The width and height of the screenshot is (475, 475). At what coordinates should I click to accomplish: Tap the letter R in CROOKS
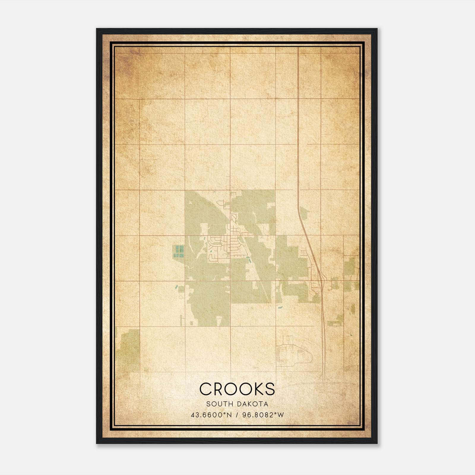pyautogui.click(x=220, y=389)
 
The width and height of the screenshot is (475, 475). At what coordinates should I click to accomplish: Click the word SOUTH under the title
pyautogui.click(x=219, y=404)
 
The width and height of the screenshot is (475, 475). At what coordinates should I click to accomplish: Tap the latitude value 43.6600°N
pyautogui.click(x=211, y=415)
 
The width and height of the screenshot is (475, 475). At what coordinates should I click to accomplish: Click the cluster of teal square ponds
pyautogui.click(x=179, y=251)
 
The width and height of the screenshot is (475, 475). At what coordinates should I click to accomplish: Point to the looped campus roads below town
pyautogui.click(x=294, y=353)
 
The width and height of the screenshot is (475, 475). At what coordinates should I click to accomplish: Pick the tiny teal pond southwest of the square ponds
pyautogui.click(x=176, y=287)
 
